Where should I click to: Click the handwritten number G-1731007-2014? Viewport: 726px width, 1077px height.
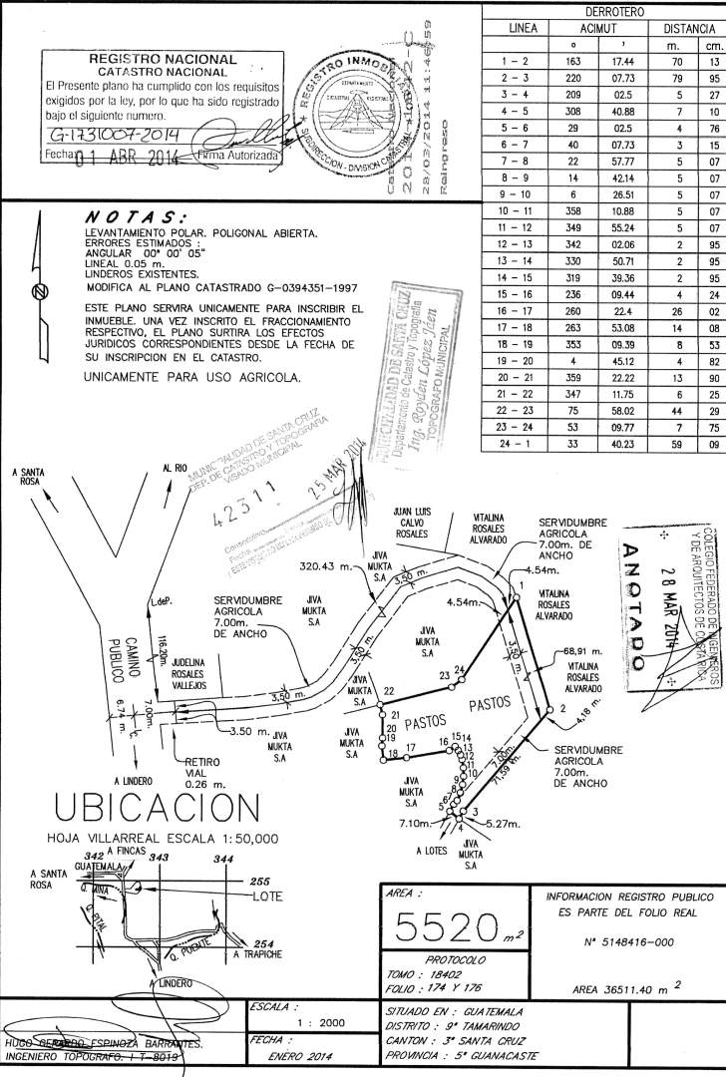(112, 135)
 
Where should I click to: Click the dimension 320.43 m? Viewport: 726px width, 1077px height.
(325, 565)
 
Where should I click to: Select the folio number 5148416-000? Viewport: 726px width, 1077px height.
(627, 940)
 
